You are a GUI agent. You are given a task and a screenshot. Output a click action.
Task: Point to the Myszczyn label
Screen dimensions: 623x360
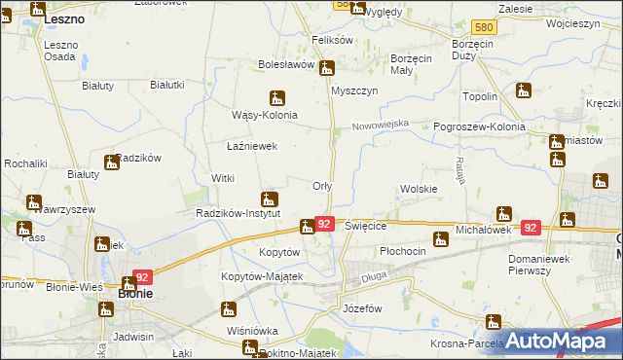tap(354, 90)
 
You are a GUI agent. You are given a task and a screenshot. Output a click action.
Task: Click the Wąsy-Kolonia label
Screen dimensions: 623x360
tap(264, 115)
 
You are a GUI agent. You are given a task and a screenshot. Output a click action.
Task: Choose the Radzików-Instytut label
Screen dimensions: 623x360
tap(238, 213)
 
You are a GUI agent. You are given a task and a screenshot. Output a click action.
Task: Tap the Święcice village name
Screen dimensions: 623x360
tap(367, 225)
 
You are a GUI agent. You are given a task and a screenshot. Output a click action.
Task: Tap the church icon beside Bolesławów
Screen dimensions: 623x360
tap(328, 68)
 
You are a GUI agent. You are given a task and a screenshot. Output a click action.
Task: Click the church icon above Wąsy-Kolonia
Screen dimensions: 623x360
tap(278, 97)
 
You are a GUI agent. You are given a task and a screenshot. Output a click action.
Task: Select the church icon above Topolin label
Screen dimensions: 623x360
tap(524, 91)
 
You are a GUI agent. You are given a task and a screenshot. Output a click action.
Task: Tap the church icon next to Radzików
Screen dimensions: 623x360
tap(111, 162)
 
